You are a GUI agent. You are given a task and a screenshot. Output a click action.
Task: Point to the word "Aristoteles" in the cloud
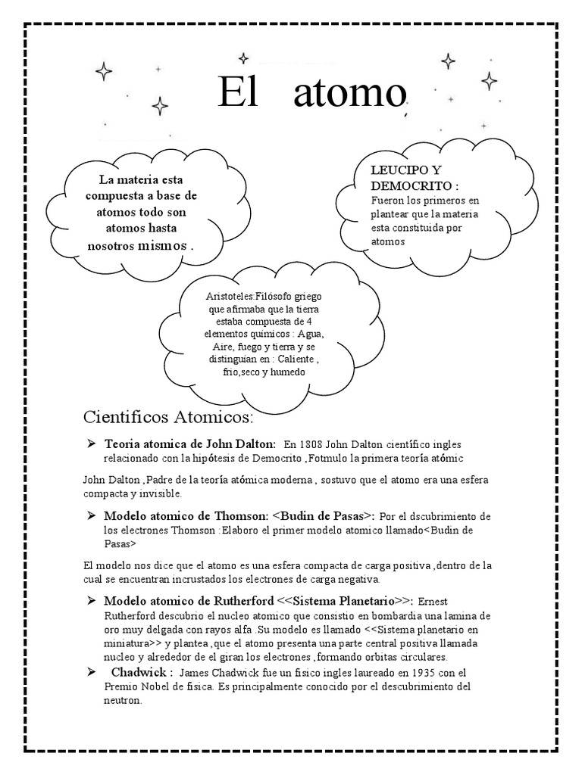[x=226, y=297]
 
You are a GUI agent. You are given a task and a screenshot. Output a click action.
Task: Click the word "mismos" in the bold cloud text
[x=162, y=246]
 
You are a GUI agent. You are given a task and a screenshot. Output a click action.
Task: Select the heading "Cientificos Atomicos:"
[x=168, y=419]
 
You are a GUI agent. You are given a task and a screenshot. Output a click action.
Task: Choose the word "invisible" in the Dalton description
[x=158, y=493]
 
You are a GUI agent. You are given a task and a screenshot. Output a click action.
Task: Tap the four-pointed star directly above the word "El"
[x=243, y=58]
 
